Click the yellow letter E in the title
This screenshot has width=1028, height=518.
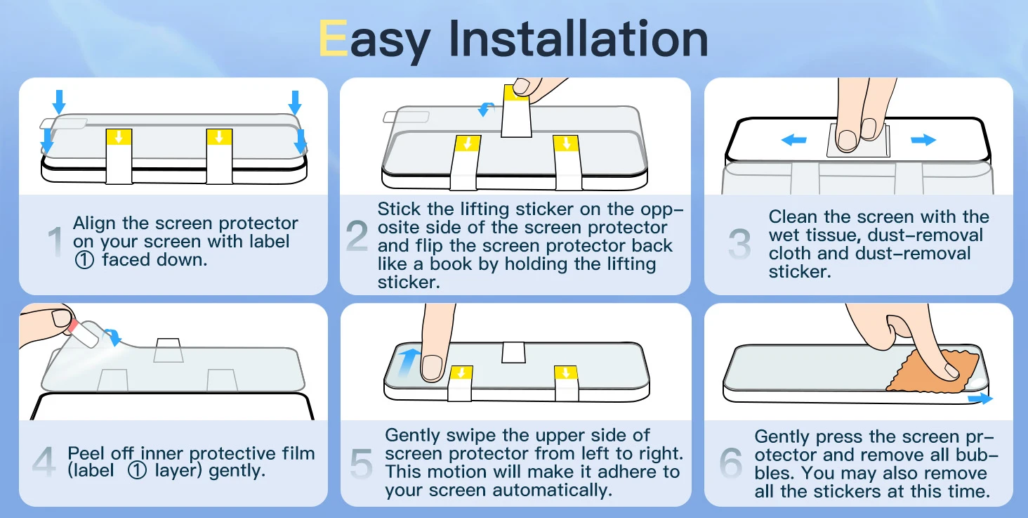pos(333,38)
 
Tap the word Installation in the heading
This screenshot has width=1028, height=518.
pos(579,39)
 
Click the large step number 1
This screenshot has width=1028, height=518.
pos(55,242)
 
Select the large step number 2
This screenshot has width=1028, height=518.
pos(357,235)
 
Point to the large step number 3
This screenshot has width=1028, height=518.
pos(739,243)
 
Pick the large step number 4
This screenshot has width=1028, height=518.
pos(44,461)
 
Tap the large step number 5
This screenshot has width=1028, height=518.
pos(361,463)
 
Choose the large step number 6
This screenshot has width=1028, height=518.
pos(730,462)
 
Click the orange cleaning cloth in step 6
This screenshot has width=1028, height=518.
pos(932,372)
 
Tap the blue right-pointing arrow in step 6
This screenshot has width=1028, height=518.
pos(980,398)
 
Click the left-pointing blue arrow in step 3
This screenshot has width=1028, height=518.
pos(793,139)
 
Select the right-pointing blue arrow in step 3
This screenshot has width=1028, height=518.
pos(923,139)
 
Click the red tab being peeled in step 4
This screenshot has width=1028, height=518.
pos(73,325)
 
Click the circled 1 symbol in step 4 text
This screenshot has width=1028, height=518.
pos(137,471)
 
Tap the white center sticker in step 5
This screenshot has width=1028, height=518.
pos(513,352)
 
